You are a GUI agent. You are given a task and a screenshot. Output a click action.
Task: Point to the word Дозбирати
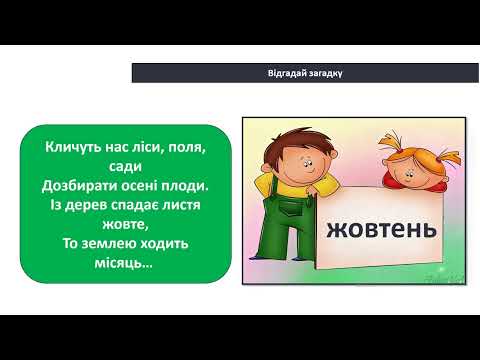pyautogui.click(x=83, y=185)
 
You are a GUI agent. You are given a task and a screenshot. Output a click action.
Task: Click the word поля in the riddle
pyautogui.click(x=184, y=148)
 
